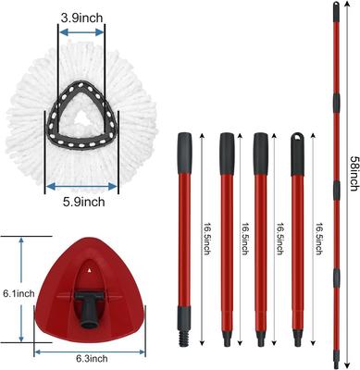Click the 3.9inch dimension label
point(81,18)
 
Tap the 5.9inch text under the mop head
point(84,202)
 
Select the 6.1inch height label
point(19,293)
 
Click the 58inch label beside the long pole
point(354,173)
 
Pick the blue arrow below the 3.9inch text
point(81,32)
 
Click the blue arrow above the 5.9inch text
point(81,186)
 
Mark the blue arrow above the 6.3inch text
point(90,351)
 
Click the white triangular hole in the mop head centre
point(81,117)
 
